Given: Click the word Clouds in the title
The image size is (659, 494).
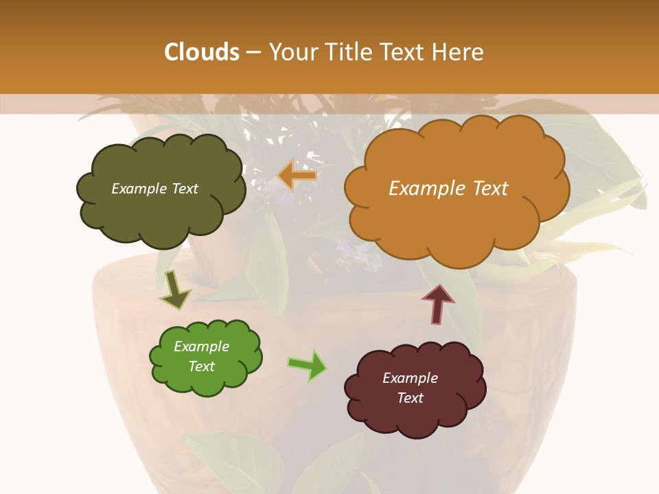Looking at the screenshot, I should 202,52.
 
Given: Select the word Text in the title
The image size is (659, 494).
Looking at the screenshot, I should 406,52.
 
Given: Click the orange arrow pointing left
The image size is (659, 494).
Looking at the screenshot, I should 297,176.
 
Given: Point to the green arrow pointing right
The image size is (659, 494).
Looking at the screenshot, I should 308,365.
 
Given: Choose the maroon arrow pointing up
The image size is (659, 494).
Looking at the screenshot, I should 438,304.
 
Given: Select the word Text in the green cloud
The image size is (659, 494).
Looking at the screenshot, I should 202,366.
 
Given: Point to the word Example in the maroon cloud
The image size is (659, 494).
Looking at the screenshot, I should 410,378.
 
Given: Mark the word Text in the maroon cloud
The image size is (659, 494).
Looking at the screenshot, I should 410,398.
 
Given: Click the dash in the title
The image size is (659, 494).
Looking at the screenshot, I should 254,52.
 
